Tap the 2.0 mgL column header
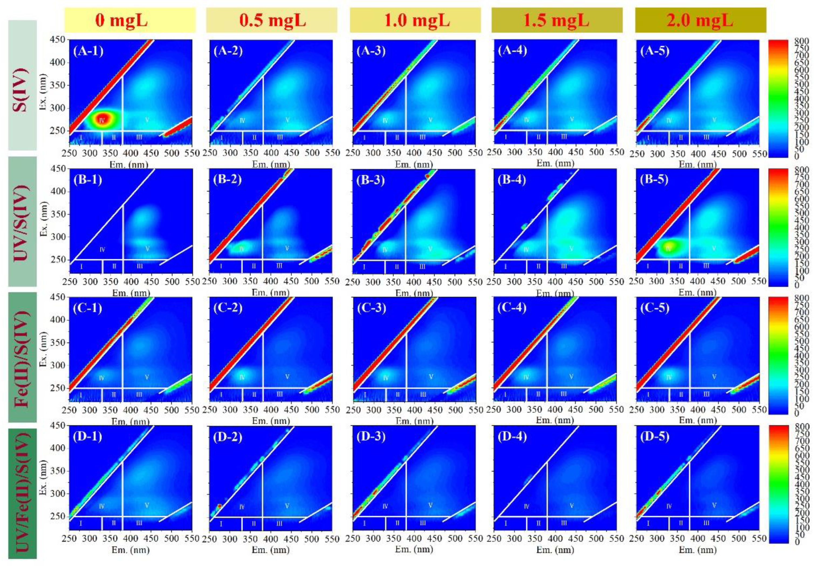(x=700, y=20)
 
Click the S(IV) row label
(x=22, y=85)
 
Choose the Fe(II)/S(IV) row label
(x=22, y=357)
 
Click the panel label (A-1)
(x=88, y=52)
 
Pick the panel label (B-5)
(x=654, y=180)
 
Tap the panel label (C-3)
(x=371, y=308)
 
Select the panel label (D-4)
(x=512, y=436)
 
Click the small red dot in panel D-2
(x=220, y=506)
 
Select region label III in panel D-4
(x=564, y=523)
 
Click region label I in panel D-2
(x=221, y=523)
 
